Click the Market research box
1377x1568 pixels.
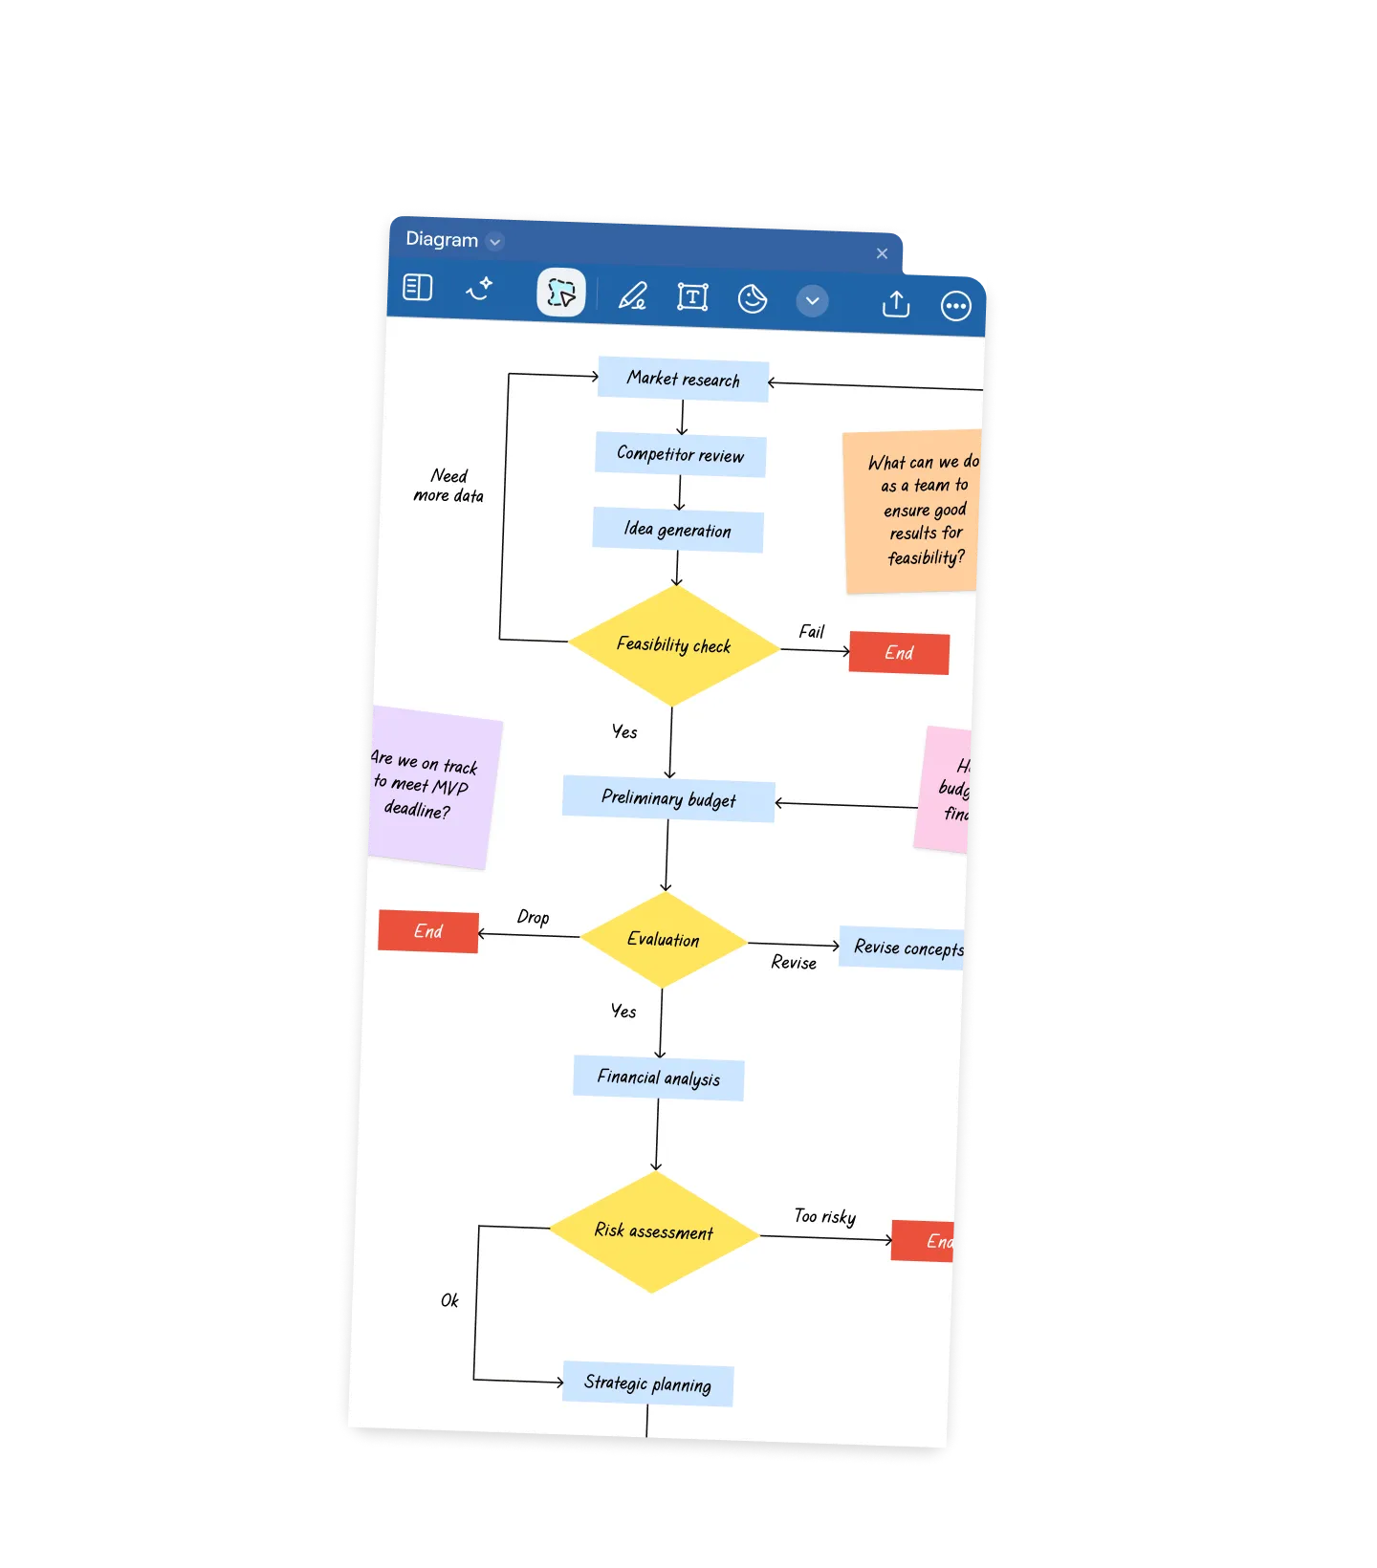[x=683, y=380]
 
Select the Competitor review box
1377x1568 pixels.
[x=680, y=454]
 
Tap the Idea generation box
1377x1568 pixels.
[x=677, y=530]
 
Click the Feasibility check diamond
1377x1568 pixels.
[x=674, y=645]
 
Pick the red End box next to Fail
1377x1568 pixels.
[x=899, y=653]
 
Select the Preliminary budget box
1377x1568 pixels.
[x=668, y=798]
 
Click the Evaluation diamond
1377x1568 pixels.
[x=663, y=940]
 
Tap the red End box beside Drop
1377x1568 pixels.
[x=428, y=931]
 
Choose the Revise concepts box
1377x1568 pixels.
[x=904, y=947]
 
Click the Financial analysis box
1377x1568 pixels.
[x=658, y=1078]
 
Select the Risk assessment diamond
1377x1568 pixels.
[x=654, y=1231]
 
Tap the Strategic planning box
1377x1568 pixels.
[x=647, y=1383]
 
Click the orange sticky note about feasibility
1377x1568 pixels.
[x=913, y=511]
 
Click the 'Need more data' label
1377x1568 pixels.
[x=448, y=486]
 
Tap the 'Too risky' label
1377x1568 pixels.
[x=824, y=1216]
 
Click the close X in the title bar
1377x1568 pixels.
[x=882, y=253]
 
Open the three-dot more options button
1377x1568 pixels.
[x=955, y=306]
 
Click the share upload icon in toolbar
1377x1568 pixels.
[x=896, y=304]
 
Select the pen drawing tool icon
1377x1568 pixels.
[x=632, y=295]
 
